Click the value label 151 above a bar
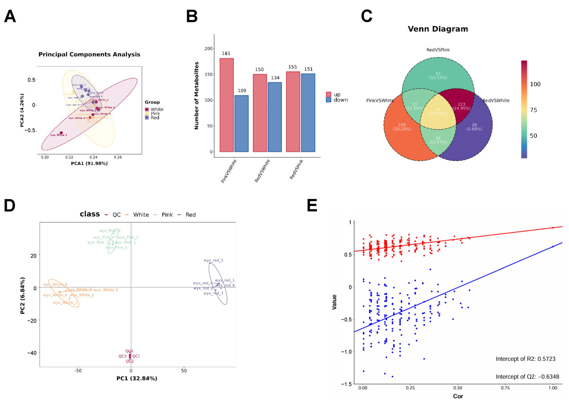[x=308, y=69]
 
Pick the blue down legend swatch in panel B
[x=329, y=100]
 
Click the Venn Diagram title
[x=438, y=29]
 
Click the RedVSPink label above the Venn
[x=438, y=50]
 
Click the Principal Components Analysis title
[x=89, y=55]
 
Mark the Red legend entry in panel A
[x=154, y=118]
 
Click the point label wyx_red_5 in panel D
[x=213, y=260]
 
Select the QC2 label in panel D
[x=129, y=361]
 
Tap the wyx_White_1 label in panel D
[x=65, y=303]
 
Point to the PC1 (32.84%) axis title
[x=137, y=379]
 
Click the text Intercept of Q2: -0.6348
[x=528, y=377]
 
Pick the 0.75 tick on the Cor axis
[x=505, y=388]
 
